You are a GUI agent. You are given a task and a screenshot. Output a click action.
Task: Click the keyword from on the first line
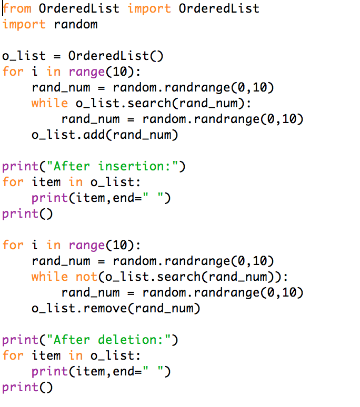click(17, 8)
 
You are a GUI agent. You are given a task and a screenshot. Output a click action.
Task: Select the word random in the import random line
click(76, 24)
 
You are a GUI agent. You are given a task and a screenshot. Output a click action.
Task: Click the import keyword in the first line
click(149, 8)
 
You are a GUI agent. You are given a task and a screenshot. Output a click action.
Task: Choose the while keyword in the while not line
click(49, 277)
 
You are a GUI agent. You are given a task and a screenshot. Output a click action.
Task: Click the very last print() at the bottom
click(27, 388)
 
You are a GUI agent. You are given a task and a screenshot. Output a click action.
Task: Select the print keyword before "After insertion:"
click(20, 167)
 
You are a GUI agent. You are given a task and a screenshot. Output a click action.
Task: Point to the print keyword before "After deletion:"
click(20, 340)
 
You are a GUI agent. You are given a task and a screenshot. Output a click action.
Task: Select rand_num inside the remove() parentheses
click(168, 309)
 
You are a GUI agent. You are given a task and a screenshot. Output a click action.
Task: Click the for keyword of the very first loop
click(13, 72)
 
